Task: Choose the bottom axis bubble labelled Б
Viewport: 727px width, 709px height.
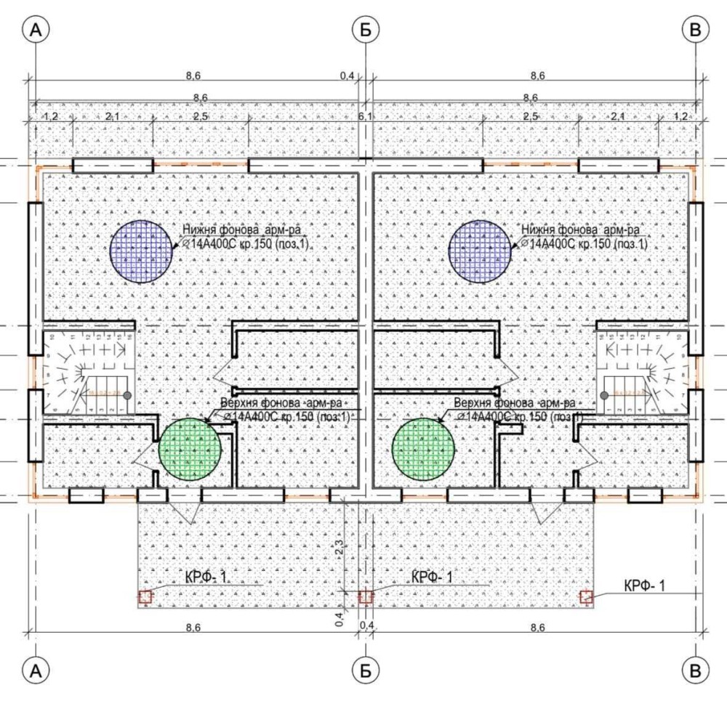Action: click(364, 669)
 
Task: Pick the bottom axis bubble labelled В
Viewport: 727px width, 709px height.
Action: click(696, 669)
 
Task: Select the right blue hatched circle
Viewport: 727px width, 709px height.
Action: click(480, 251)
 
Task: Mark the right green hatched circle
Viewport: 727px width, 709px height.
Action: click(424, 448)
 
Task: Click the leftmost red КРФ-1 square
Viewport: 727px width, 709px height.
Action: click(145, 597)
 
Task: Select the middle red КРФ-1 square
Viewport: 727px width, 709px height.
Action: click(366, 597)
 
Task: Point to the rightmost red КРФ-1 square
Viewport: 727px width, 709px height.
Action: click(587, 597)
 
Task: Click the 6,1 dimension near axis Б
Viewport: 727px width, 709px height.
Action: click(364, 116)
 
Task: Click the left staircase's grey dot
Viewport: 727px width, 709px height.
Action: click(126, 395)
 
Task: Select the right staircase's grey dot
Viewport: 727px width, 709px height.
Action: click(604, 395)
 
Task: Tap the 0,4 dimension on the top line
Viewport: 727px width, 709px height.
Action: click(347, 75)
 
